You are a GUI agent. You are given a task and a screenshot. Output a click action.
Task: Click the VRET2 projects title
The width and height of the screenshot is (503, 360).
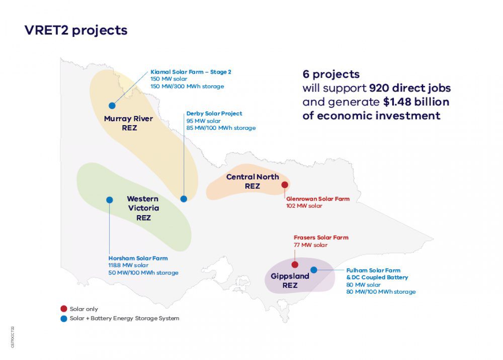point(76,31)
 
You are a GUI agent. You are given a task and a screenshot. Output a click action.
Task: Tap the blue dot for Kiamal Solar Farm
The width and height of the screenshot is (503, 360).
point(112,106)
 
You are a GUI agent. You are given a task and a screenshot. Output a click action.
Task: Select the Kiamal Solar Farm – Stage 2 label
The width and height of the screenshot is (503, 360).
point(191,72)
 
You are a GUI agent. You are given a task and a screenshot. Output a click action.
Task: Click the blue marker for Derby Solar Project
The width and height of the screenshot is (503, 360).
point(184,199)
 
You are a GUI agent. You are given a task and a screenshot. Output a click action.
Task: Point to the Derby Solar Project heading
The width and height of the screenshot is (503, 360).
point(214,114)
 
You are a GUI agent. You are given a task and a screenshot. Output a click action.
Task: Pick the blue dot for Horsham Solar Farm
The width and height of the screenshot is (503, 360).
point(110,200)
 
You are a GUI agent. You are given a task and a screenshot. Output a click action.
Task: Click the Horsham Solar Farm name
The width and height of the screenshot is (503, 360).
point(138,258)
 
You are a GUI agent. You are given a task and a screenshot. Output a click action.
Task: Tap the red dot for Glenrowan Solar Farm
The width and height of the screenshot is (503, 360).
point(285,185)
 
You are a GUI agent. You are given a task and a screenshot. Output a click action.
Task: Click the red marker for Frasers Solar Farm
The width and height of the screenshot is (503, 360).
point(295,264)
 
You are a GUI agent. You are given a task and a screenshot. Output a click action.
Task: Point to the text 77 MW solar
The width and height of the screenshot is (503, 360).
point(310,245)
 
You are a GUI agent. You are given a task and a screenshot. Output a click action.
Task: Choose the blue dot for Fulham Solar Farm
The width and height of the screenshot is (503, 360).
point(314,270)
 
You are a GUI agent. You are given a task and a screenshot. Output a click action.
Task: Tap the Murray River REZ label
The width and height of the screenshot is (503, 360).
point(129,123)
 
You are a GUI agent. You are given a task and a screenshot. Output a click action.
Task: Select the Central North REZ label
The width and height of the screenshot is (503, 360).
point(253,182)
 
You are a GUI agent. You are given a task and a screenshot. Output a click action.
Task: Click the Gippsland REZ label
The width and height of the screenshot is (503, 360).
point(290,281)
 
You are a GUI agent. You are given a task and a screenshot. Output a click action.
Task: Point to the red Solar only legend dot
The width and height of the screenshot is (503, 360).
point(63,309)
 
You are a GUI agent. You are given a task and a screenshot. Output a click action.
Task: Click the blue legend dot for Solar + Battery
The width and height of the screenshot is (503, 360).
point(63,318)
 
